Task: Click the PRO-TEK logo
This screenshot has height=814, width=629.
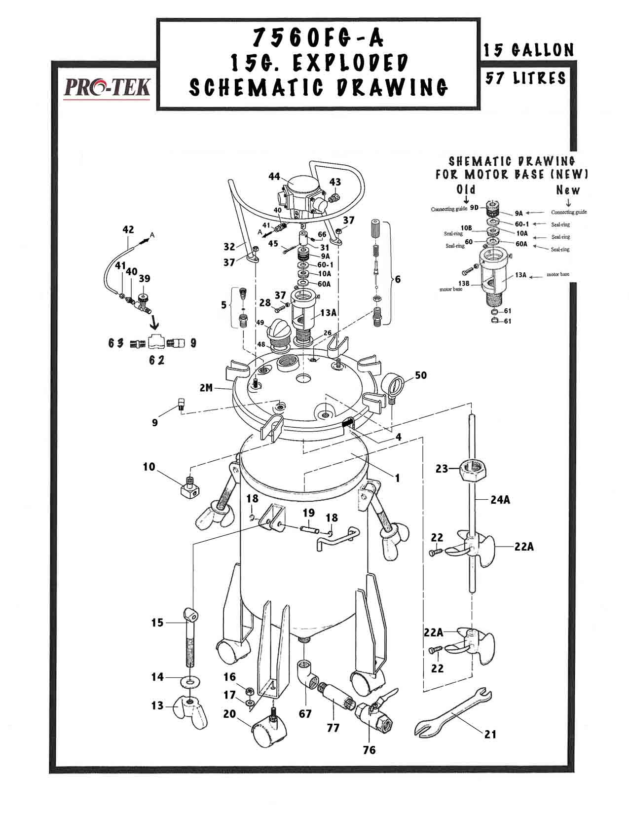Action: [107, 88]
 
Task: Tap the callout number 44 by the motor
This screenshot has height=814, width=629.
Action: [275, 176]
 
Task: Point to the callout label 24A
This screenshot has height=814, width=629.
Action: [500, 499]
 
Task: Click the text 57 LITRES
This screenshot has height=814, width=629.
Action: [526, 78]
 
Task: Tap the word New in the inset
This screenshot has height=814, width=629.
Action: [568, 189]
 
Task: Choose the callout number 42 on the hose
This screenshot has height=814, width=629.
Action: [128, 229]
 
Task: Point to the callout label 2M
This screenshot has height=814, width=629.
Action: [207, 388]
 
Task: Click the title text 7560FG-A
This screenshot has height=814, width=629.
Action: [318, 37]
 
